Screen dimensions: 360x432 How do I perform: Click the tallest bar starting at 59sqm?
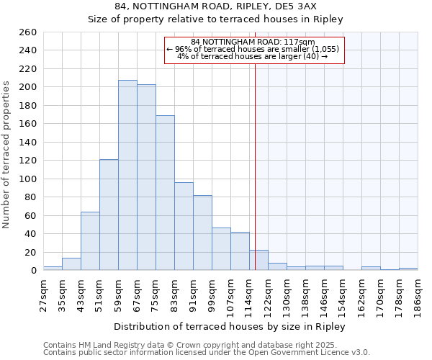click(127, 175)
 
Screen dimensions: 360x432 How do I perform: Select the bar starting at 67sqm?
click(146, 177)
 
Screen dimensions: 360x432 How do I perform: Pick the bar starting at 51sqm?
click(109, 215)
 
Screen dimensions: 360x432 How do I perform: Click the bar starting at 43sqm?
click(90, 241)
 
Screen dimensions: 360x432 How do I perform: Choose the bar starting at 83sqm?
click(184, 226)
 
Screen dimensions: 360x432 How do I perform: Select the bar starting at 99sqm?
click(221, 249)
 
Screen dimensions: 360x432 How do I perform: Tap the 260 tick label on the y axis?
click(28, 32)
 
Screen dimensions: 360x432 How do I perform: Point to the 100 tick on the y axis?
click(28, 179)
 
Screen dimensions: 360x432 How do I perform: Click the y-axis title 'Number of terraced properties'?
click(7, 155)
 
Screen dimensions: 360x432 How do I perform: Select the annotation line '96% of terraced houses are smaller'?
click(254, 49)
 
